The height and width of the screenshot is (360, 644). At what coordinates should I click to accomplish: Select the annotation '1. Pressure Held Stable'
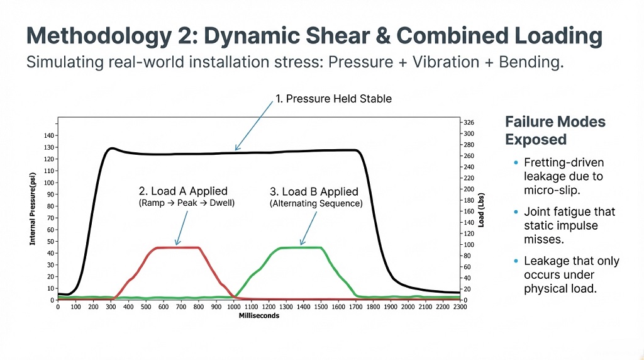coord(333,99)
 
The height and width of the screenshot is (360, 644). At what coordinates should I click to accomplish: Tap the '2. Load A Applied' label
coord(182,191)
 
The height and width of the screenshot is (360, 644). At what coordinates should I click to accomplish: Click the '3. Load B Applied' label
coord(313,191)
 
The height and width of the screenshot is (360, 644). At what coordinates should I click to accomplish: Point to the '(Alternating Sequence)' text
coord(316,204)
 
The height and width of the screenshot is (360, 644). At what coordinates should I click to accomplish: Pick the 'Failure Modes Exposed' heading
coord(555,130)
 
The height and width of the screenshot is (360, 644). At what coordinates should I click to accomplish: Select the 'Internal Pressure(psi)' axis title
coord(32,210)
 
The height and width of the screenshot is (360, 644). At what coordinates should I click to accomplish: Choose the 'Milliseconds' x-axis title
coord(258,315)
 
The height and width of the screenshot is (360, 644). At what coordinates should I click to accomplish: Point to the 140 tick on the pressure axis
coord(49,135)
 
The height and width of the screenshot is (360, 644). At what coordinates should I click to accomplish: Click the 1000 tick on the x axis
coord(234,308)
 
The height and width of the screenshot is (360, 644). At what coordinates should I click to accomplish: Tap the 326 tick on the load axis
coord(469,122)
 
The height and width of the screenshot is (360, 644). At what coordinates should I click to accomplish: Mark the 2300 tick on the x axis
coord(461,308)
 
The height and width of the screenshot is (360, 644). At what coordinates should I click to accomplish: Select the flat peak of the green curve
coord(301,247)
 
